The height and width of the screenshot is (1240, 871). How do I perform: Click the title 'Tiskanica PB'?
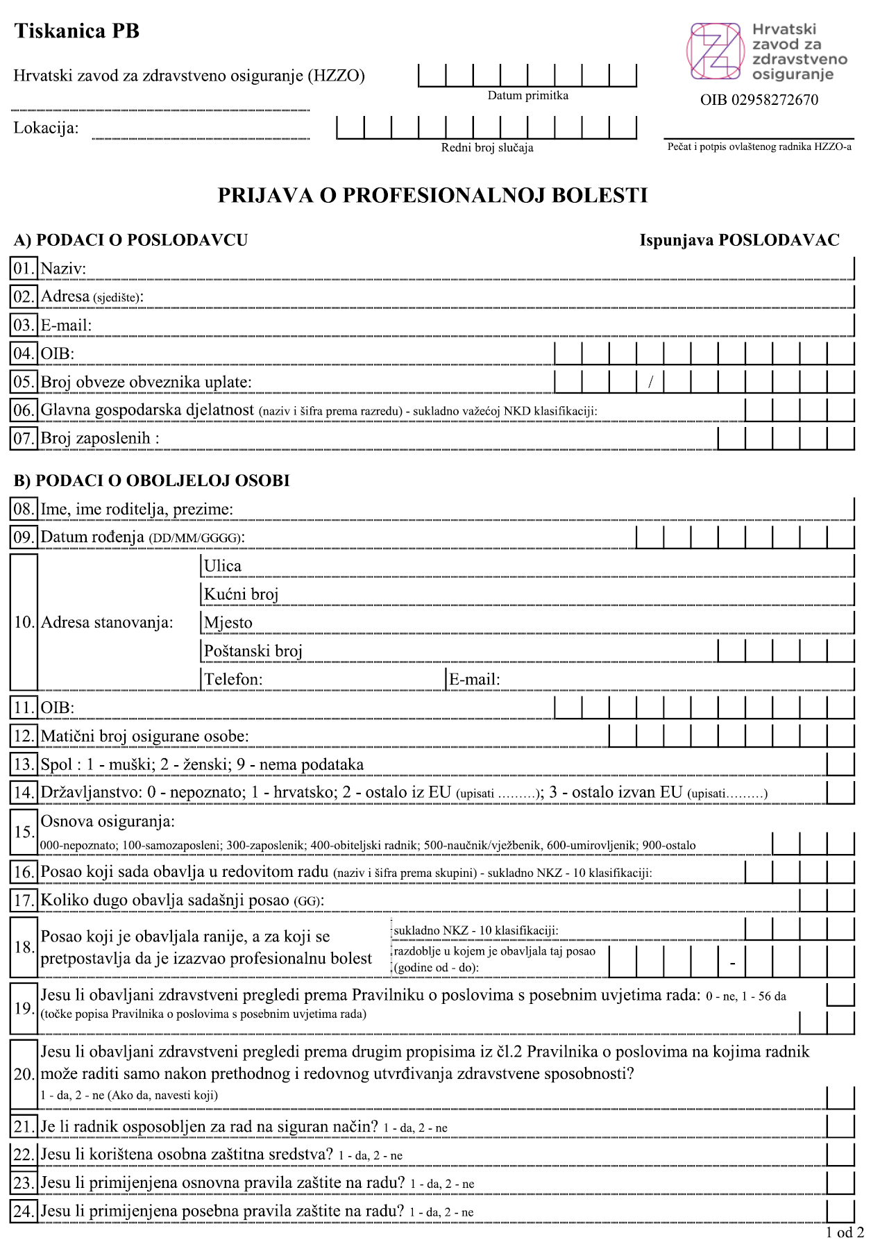coord(77,31)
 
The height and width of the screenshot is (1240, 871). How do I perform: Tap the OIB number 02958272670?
coord(759,100)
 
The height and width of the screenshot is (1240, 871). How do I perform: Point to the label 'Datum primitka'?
coord(527,96)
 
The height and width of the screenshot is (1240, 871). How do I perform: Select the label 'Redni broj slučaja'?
coord(487,148)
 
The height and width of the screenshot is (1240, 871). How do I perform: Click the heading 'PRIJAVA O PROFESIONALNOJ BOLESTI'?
coord(432,196)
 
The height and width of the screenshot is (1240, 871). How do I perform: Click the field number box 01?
coord(24,269)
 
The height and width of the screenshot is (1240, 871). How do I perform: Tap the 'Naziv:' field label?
coord(63,269)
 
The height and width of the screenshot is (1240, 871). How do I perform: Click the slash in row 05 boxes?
coord(650,382)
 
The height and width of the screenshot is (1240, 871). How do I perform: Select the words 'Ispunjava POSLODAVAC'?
coord(739,240)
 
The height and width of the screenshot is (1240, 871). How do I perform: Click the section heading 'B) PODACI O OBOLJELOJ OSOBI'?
coord(151,480)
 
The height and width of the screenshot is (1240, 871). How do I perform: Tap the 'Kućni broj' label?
coord(241,595)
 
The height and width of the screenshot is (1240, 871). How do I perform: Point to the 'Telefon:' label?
coord(233,680)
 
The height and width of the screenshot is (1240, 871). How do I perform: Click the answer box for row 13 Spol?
coord(840,764)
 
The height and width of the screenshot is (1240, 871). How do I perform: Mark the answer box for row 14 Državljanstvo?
coord(840,792)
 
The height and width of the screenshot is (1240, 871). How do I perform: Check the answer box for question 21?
coord(840,1125)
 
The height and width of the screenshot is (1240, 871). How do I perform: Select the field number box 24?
coord(24,1212)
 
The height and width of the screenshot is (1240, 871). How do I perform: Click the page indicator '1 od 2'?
coord(845,1232)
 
